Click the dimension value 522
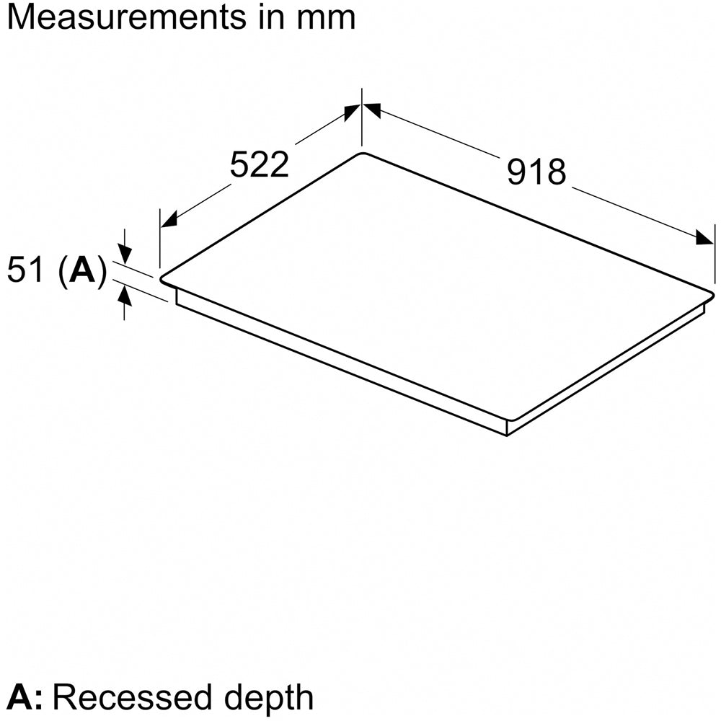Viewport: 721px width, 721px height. (x=259, y=165)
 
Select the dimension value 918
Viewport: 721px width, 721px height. (x=536, y=172)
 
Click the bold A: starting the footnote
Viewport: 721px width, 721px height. (x=27, y=697)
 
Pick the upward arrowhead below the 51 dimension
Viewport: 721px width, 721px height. (x=125, y=293)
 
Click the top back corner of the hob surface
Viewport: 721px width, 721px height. (x=361, y=154)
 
